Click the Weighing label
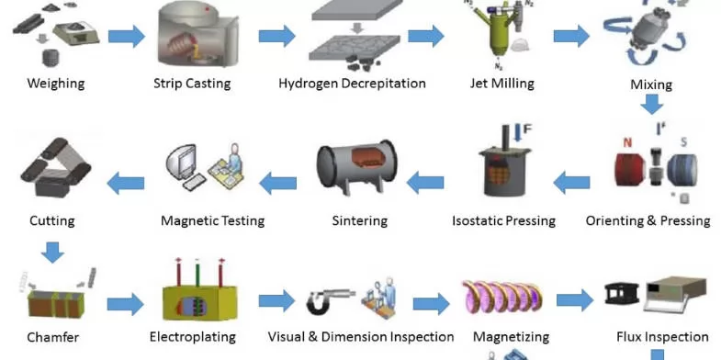pos(55,84)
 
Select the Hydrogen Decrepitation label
pos(352,84)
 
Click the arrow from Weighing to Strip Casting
pos(127,37)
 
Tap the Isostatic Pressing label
pos(503,220)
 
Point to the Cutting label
pos(52,220)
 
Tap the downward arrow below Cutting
pos(52,251)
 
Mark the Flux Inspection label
pos(656,337)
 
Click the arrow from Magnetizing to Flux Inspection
pos(575,299)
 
